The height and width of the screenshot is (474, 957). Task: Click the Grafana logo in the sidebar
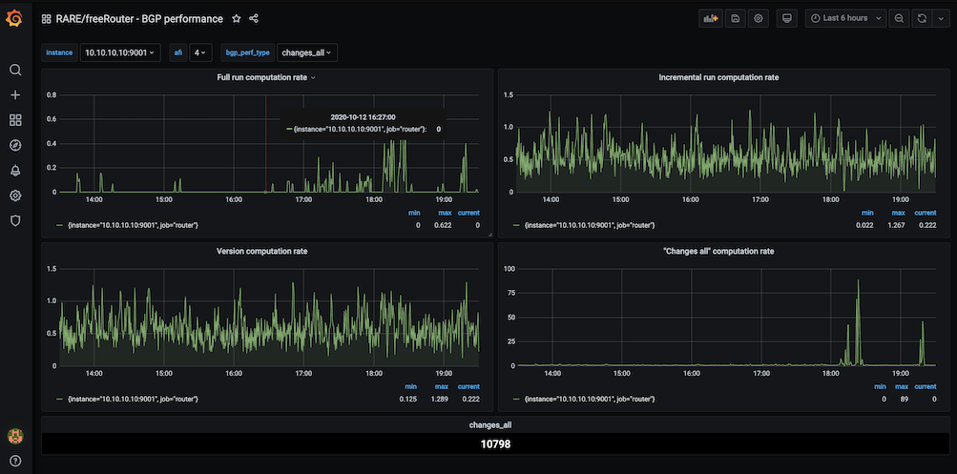(x=14, y=18)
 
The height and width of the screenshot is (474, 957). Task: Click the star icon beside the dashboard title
(x=237, y=18)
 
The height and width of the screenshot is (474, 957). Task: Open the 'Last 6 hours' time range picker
(x=845, y=18)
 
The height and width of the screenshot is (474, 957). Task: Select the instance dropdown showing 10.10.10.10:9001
(x=119, y=53)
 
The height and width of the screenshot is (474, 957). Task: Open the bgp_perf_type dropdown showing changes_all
(x=307, y=53)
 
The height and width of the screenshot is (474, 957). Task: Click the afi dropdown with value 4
(x=200, y=53)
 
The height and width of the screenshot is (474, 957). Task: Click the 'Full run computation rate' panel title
(x=262, y=77)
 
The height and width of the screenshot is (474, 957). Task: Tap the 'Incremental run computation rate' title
(x=718, y=77)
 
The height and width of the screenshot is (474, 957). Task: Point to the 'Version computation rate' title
(x=262, y=251)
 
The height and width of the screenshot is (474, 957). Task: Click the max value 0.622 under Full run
(x=442, y=225)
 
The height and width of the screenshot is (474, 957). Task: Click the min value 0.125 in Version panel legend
(x=409, y=399)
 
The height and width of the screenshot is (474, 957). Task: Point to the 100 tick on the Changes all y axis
(x=509, y=269)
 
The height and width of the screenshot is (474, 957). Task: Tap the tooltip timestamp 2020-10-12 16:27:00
(x=363, y=116)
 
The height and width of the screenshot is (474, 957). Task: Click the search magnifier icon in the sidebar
(x=14, y=70)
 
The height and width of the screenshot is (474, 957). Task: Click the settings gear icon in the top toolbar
(x=759, y=18)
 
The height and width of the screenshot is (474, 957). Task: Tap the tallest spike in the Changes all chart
(x=858, y=280)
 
